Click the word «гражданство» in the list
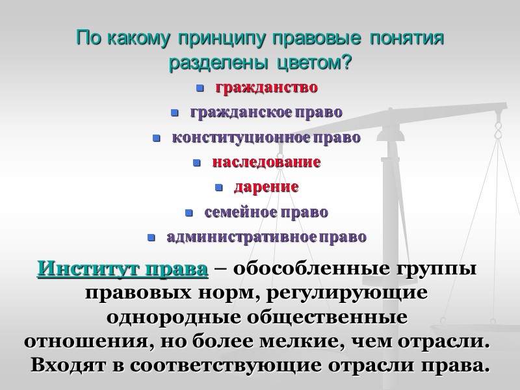pyautogui.click(x=266, y=87)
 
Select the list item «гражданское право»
pyautogui.click(x=266, y=112)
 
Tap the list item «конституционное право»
pyautogui.click(x=266, y=138)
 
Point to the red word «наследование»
pyautogui.click(x=266, y=162)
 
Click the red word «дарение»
pyautogui.click(x=266, y=187)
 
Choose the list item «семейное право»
pyautogui.click(x=266, y=213)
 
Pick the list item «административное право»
pyautogui.click(x=266, y=237)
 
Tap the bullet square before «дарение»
pyautogui.click(x=219, y=188)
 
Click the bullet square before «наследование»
pyautogui.click(x=198, y=163)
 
